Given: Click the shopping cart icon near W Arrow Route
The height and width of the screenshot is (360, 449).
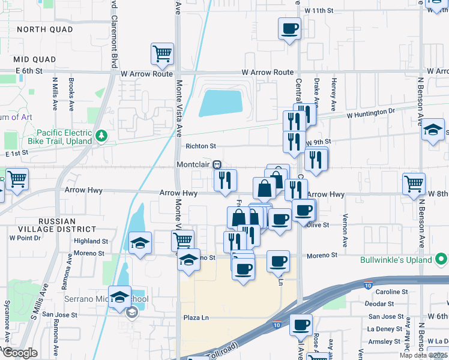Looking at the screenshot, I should [162, 54].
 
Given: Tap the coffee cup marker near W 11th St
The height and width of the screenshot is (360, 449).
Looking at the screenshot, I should [289, 28].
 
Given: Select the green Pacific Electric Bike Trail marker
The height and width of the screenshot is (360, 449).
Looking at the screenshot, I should [101, 136].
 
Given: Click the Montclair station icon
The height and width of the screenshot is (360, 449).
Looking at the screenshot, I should [219, 164].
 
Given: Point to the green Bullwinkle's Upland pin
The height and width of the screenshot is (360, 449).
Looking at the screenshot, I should [442, 260].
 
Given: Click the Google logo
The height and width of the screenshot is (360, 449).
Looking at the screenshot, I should [19, 353].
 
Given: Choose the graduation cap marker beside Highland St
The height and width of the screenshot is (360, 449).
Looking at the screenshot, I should [140, 243].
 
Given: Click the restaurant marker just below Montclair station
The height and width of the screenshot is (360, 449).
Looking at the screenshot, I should [226, 180].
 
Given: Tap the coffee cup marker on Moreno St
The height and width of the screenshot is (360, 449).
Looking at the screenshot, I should [277, 261].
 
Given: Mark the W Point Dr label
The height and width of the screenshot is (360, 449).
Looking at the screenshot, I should [25, 238].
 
